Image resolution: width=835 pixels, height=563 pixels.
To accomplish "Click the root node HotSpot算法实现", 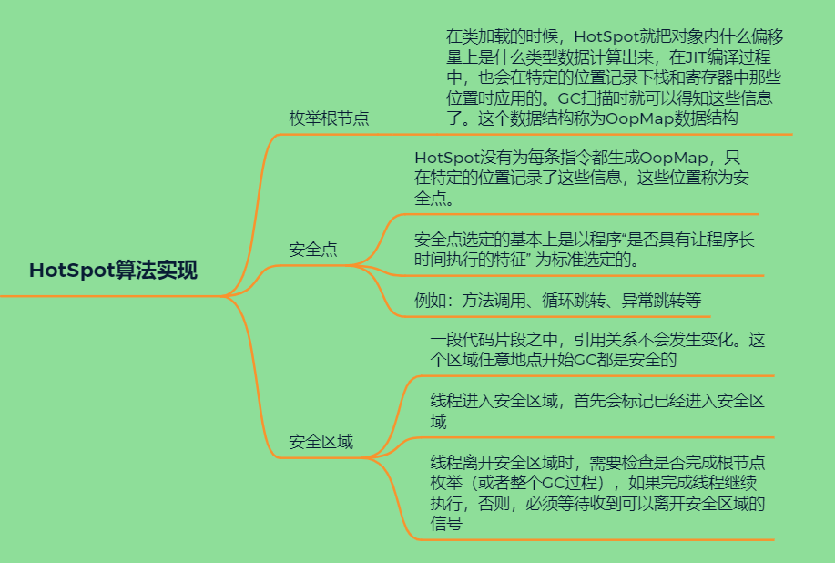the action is click(113, 271).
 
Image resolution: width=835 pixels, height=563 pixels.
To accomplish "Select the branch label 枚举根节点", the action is click(329, 118).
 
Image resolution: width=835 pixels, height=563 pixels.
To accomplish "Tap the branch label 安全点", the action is click(312, 250).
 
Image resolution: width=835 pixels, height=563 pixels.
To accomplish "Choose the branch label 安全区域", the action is click(321, 443).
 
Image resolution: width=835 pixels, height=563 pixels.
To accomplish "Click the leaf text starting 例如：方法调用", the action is click(556, 300).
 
